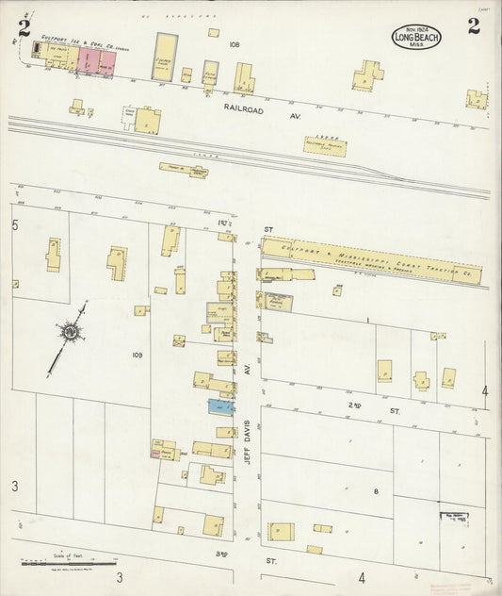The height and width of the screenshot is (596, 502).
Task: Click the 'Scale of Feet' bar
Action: (58, 563)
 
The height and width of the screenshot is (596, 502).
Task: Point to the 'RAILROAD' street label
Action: (242, 108)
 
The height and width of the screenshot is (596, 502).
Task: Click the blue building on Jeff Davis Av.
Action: (219, 406)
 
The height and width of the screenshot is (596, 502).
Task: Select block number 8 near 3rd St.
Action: (374, 491)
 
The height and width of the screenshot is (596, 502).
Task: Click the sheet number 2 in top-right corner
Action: (473, 26)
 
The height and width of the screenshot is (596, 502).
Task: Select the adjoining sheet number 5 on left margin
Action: (15, 226)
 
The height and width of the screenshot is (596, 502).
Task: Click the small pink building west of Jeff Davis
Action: (154, 454)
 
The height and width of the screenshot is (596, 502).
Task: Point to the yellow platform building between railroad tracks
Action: (332, 144)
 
